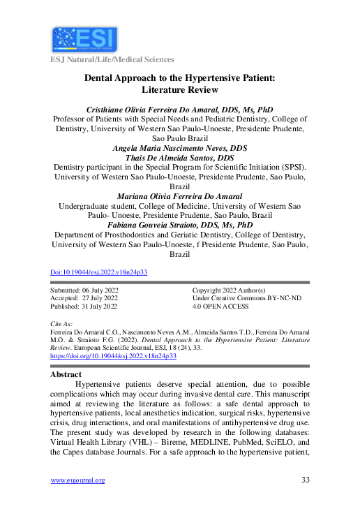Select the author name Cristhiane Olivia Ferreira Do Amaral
coord(179,110)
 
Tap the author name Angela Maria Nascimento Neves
coord(179,148)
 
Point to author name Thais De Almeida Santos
coord(179,158)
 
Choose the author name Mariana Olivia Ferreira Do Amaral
coord(179,196)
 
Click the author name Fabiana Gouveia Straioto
coord(179,225)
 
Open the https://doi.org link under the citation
coord(114,355)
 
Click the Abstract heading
coord(66,374)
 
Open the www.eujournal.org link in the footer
coord(77,480)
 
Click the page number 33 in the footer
coord(305,480)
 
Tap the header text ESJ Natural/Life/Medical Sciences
coord(111,60)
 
